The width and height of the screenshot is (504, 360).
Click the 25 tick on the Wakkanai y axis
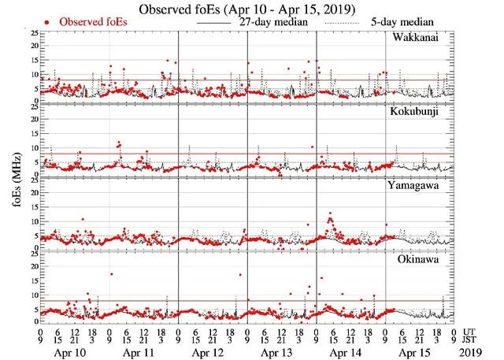tap(32, 33)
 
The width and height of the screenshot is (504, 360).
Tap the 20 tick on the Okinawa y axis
tap(32, 266)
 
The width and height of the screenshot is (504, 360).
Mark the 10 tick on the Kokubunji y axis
tap(32, 147)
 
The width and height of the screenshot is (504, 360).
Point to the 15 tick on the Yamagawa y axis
tap(32, 206)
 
